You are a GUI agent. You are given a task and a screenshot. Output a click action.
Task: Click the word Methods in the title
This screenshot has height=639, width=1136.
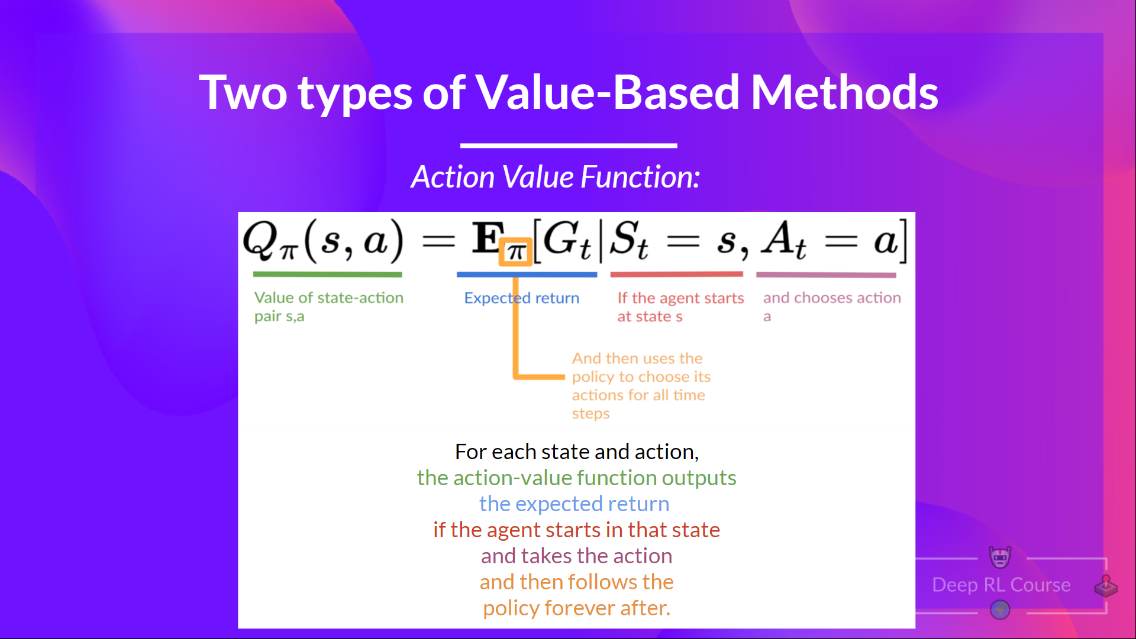pos(844,93)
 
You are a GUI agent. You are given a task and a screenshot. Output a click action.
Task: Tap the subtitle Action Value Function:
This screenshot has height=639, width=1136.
pos(556,177)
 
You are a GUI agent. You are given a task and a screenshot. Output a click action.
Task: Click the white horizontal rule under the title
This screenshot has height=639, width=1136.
pos(569,145)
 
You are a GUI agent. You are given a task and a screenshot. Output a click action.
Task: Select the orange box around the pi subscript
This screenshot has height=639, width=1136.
pos(515,252)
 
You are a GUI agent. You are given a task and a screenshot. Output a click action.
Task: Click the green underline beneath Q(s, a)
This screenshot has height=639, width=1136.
pos(327,275)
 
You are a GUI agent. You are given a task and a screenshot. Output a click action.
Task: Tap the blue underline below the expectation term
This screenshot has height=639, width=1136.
pos(527,275)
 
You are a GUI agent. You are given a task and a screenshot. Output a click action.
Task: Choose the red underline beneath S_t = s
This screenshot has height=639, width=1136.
pos(676,275)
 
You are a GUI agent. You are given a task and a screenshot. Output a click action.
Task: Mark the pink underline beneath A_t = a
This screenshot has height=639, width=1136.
pos(826,275)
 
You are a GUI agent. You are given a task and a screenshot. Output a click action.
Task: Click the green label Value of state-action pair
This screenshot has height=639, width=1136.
pos(328,306)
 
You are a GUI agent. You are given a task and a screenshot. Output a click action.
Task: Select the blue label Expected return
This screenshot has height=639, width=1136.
pos(521,298)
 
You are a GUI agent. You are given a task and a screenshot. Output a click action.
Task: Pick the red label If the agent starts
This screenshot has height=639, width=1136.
pos(680,306)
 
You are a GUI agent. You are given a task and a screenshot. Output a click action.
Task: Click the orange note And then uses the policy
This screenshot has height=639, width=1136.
pos(640,385)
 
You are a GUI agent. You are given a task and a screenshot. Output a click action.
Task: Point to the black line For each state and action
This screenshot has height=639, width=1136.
pos(576,451)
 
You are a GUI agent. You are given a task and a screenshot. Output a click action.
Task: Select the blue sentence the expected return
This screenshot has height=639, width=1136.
pos(574,504)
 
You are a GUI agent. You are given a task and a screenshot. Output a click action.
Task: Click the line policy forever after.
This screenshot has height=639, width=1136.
pos(576,608)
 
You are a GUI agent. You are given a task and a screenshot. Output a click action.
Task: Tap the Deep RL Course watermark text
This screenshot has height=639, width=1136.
pos(1001,585)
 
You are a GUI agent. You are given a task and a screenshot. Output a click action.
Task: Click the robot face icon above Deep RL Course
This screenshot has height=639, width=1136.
pos(1000,557)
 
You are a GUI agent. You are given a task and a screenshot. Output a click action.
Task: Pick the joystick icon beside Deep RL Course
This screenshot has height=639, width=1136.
pos(1105,586)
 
